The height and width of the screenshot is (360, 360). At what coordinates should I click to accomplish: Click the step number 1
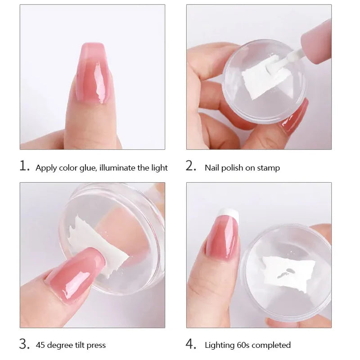25,166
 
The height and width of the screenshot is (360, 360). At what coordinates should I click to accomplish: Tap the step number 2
191,166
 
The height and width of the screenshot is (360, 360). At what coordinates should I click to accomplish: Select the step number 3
25,344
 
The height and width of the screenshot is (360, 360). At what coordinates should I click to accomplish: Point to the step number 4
191,344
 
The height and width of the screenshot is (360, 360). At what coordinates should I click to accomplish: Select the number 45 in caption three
40,345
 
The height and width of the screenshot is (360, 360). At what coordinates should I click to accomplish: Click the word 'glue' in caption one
88,168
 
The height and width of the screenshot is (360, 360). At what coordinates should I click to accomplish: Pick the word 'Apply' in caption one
45,168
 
